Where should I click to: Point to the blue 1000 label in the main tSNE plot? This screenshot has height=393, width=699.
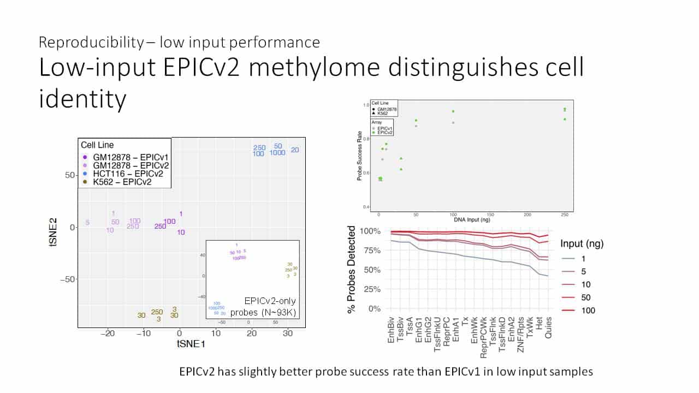(x=277, y=153)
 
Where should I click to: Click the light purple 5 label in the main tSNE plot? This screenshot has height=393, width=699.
(x=87, y=222)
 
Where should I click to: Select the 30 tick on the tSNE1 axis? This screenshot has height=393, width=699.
(x=287, y=333)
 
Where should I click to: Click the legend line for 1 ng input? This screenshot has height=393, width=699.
(x=568, y=258)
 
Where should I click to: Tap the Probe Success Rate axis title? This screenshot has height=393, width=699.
(x=359, y=156)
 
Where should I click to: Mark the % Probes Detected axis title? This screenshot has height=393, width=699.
(x=353, y=270)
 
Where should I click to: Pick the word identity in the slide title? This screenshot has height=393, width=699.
(x=82, y=99)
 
